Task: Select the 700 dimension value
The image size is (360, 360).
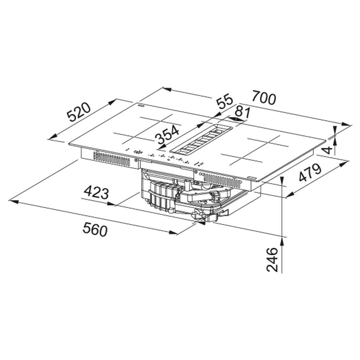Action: pyautogui.click(x=264, y=98)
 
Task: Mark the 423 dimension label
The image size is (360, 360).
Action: pyautogui.click(x=96, y=193)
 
